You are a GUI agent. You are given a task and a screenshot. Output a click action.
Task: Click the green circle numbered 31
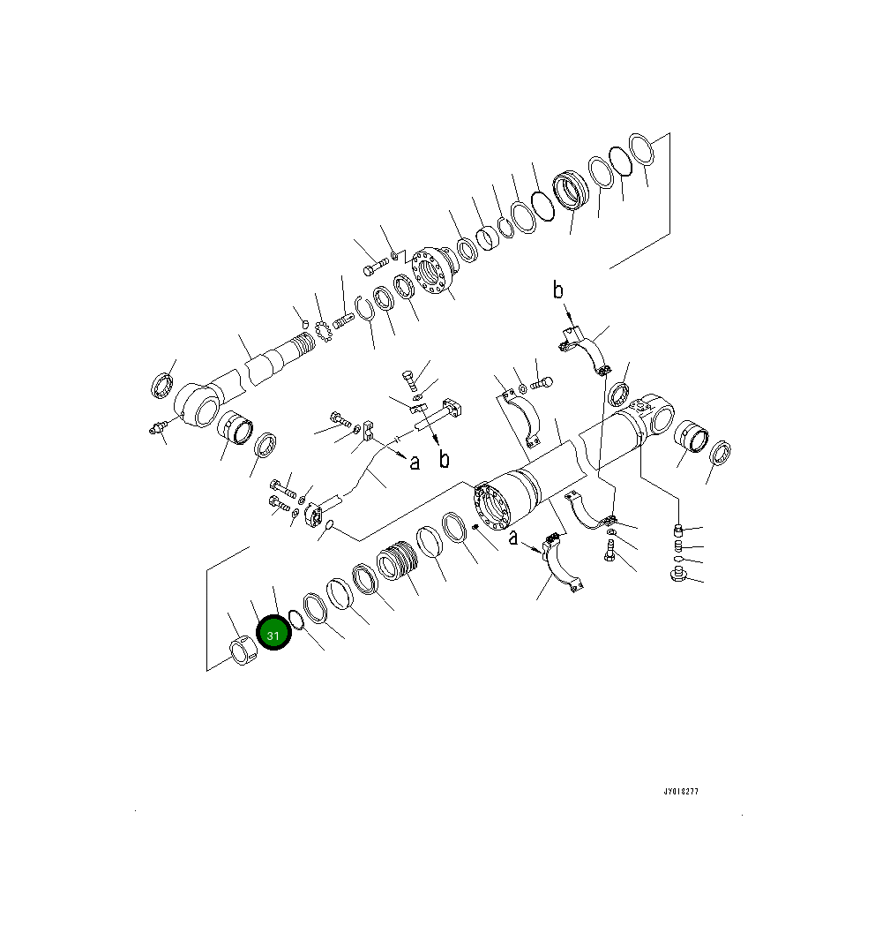coord(273,635)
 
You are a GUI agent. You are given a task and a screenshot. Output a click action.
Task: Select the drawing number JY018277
coord(681,792)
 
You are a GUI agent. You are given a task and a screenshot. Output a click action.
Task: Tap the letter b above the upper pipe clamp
coord(557,290)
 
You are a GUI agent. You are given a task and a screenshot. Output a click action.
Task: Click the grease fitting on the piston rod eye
coord(158,430)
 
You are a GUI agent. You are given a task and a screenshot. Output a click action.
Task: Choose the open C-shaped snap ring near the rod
coord(364,308)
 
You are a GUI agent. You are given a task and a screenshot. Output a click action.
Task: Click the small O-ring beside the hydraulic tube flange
coord(328,528)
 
